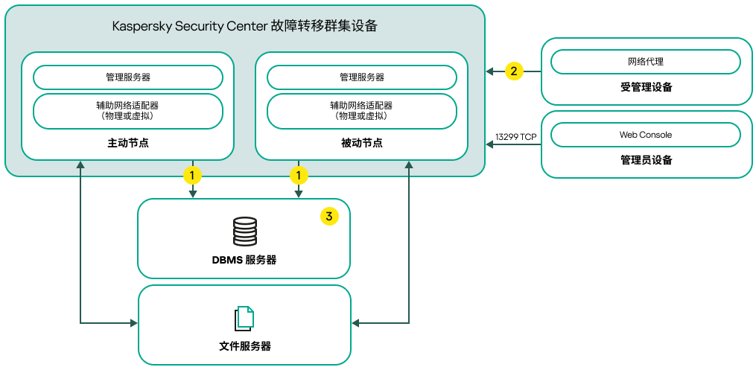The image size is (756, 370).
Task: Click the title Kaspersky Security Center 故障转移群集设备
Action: (244, 26)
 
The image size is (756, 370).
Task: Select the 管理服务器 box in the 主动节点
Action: (128, 77)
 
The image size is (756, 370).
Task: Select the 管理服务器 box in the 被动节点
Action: (362, 77)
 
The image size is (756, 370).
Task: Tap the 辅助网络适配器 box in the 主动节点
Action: (128, 111)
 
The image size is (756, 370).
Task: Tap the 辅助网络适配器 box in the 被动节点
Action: (362, 111)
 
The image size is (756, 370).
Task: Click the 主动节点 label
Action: (128, 143)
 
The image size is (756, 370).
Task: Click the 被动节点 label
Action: (362, 143)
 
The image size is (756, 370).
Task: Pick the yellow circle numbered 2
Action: (513, 71)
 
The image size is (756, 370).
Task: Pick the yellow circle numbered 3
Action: (329, 217)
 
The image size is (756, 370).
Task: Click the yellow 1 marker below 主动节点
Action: (193, 176)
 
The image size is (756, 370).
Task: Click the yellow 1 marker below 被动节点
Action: (299, 176)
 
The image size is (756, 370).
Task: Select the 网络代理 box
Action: (646, 62)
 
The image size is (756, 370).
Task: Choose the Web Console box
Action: (646, 135)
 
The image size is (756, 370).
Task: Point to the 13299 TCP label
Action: (515, 137)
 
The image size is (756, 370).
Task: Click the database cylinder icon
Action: (244, 232)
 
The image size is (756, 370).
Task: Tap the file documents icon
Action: (244, 319)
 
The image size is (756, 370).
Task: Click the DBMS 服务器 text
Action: (244, 260)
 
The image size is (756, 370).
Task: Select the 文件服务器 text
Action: (244, 346)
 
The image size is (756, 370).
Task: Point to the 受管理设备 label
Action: (646, 87)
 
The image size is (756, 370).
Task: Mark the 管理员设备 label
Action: (646, 160)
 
